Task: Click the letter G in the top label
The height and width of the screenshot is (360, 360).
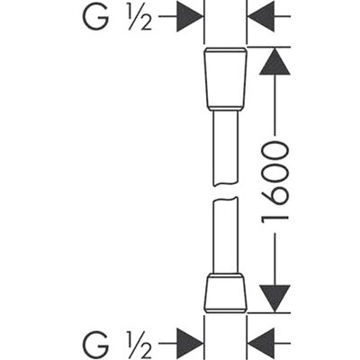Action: coord(95,16)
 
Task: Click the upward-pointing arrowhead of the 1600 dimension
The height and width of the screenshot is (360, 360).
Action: coord(274,61)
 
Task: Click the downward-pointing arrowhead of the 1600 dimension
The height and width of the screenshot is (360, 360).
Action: coord(274,299)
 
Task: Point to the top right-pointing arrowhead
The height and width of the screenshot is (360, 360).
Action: coord(190,16)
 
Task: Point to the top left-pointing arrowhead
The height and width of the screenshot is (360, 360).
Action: coord(261,16)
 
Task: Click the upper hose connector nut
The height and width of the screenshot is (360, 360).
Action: coord(225,78)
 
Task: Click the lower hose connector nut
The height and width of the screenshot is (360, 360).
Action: coord(225,293)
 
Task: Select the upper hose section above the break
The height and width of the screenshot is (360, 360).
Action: coord(225,148)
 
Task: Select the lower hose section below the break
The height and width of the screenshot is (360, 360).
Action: coord(225,235)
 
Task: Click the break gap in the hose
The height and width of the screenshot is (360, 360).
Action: coord(225,192)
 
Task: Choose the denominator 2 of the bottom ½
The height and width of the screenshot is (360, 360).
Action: coord(146,350)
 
